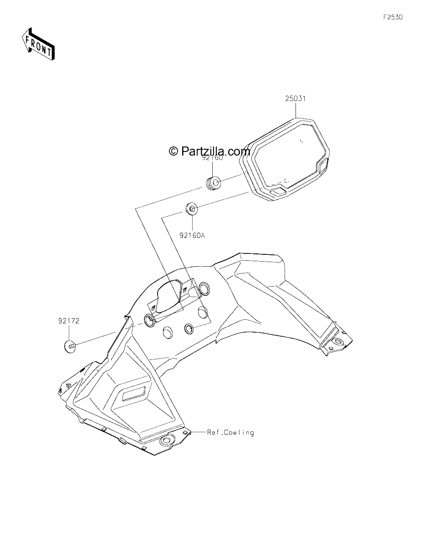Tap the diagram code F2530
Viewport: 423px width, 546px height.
pos(393,17)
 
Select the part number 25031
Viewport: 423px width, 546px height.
pos(296,98)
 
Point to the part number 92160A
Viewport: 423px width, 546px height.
pos(192,235)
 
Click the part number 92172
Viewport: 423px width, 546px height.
pos(69,321)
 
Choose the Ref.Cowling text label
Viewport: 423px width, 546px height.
pos(230,432)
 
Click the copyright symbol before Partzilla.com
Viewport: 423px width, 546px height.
pos(173,151)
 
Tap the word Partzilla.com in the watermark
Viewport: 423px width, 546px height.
pos(215,151)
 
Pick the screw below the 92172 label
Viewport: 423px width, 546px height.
pos(70,346)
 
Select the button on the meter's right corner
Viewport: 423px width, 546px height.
pos(323,165)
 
